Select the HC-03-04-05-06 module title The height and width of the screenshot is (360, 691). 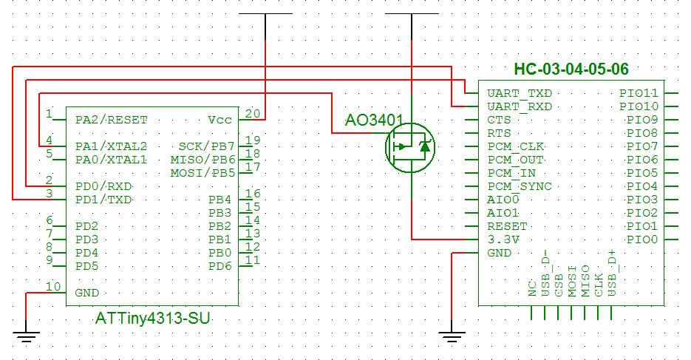coord(571,69)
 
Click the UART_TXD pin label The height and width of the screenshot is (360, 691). coord(519,94)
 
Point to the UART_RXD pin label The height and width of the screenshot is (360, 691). coord(519,107)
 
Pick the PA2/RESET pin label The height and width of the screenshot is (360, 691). coord(111,120)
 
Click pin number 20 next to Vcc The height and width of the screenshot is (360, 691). coord(253,114)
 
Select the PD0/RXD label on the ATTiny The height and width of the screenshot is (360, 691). coord(103,186)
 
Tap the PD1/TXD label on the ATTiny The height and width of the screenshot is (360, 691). coord(103,200)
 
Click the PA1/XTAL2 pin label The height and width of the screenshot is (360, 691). coord(111,146)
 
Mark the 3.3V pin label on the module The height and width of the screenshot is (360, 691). coord(503,240)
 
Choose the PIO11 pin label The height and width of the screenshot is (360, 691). coord(639,94)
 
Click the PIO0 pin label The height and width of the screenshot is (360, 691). coord(642,240)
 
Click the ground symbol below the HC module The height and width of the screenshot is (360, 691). coord(450,338)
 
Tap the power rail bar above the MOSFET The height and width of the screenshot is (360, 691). coord(411,14)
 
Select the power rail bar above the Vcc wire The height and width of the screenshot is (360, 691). coord(265,14)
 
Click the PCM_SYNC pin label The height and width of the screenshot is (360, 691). coord(519,186)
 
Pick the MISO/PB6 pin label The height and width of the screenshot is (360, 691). coord(202,160)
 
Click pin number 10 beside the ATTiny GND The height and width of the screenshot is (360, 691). coord(53,287)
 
